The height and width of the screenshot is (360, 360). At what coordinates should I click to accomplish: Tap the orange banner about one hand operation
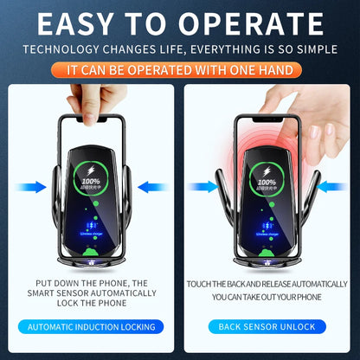click(x=180, y=67)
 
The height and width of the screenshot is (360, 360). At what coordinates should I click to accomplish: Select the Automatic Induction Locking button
click(x=92, y=326)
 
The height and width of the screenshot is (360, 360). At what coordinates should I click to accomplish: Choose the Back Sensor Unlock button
click(x=267, y=326)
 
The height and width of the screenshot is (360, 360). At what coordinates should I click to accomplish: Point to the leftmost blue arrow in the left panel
click(x=32, y=186)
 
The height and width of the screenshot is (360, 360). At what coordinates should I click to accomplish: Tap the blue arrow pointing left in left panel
click(x=152, y=186)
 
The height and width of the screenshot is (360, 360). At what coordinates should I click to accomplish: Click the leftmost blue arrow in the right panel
click(x=204, y=186)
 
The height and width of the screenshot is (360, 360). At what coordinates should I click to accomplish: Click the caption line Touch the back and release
click(x=267, y=283)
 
